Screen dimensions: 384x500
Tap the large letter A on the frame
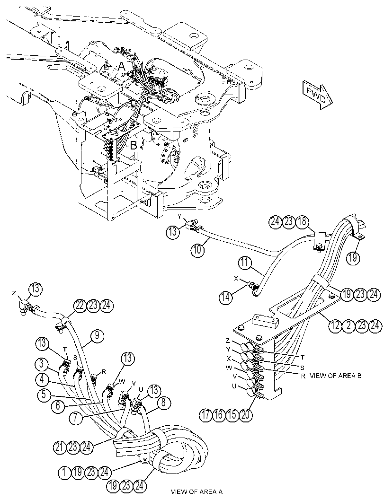[x=122, y=66]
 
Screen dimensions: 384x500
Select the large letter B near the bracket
[x=134, y=146]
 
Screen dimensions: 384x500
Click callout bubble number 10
[x=197, y=250]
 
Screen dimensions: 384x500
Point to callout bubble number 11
[x=245, y=263]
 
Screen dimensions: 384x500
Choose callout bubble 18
[x=302, y=221]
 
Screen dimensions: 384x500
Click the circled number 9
[x=96, y=336]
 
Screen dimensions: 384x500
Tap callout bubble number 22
[x=80, y=306]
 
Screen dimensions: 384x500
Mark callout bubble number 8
[x=163, y=403]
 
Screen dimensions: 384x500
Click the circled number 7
[x=76, y=418]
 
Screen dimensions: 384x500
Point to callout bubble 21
[x=59, y=447]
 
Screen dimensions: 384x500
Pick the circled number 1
[x=65, y=472]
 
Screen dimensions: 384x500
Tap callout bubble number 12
[x=335, y=325]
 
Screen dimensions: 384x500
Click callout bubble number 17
[x=206, y=415]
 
